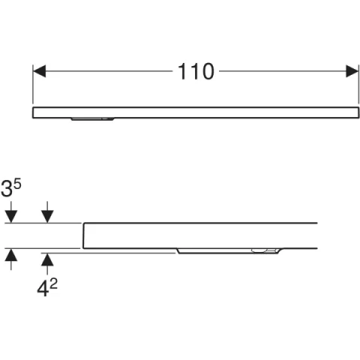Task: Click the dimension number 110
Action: [x=196, y=71]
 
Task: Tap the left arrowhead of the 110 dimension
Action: [x=39, y=71]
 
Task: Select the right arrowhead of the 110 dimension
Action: [x=352, y=71]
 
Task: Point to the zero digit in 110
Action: [x=205, y=71]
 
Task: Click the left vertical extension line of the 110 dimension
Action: [x=33, y=84]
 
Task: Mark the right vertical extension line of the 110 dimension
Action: [x=358, y=84]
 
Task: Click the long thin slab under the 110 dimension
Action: [x=196, y=112]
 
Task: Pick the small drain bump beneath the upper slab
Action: [x=92, y=119]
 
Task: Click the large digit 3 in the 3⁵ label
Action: [x=7, y=189]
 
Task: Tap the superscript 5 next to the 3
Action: [x=17, y=184]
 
